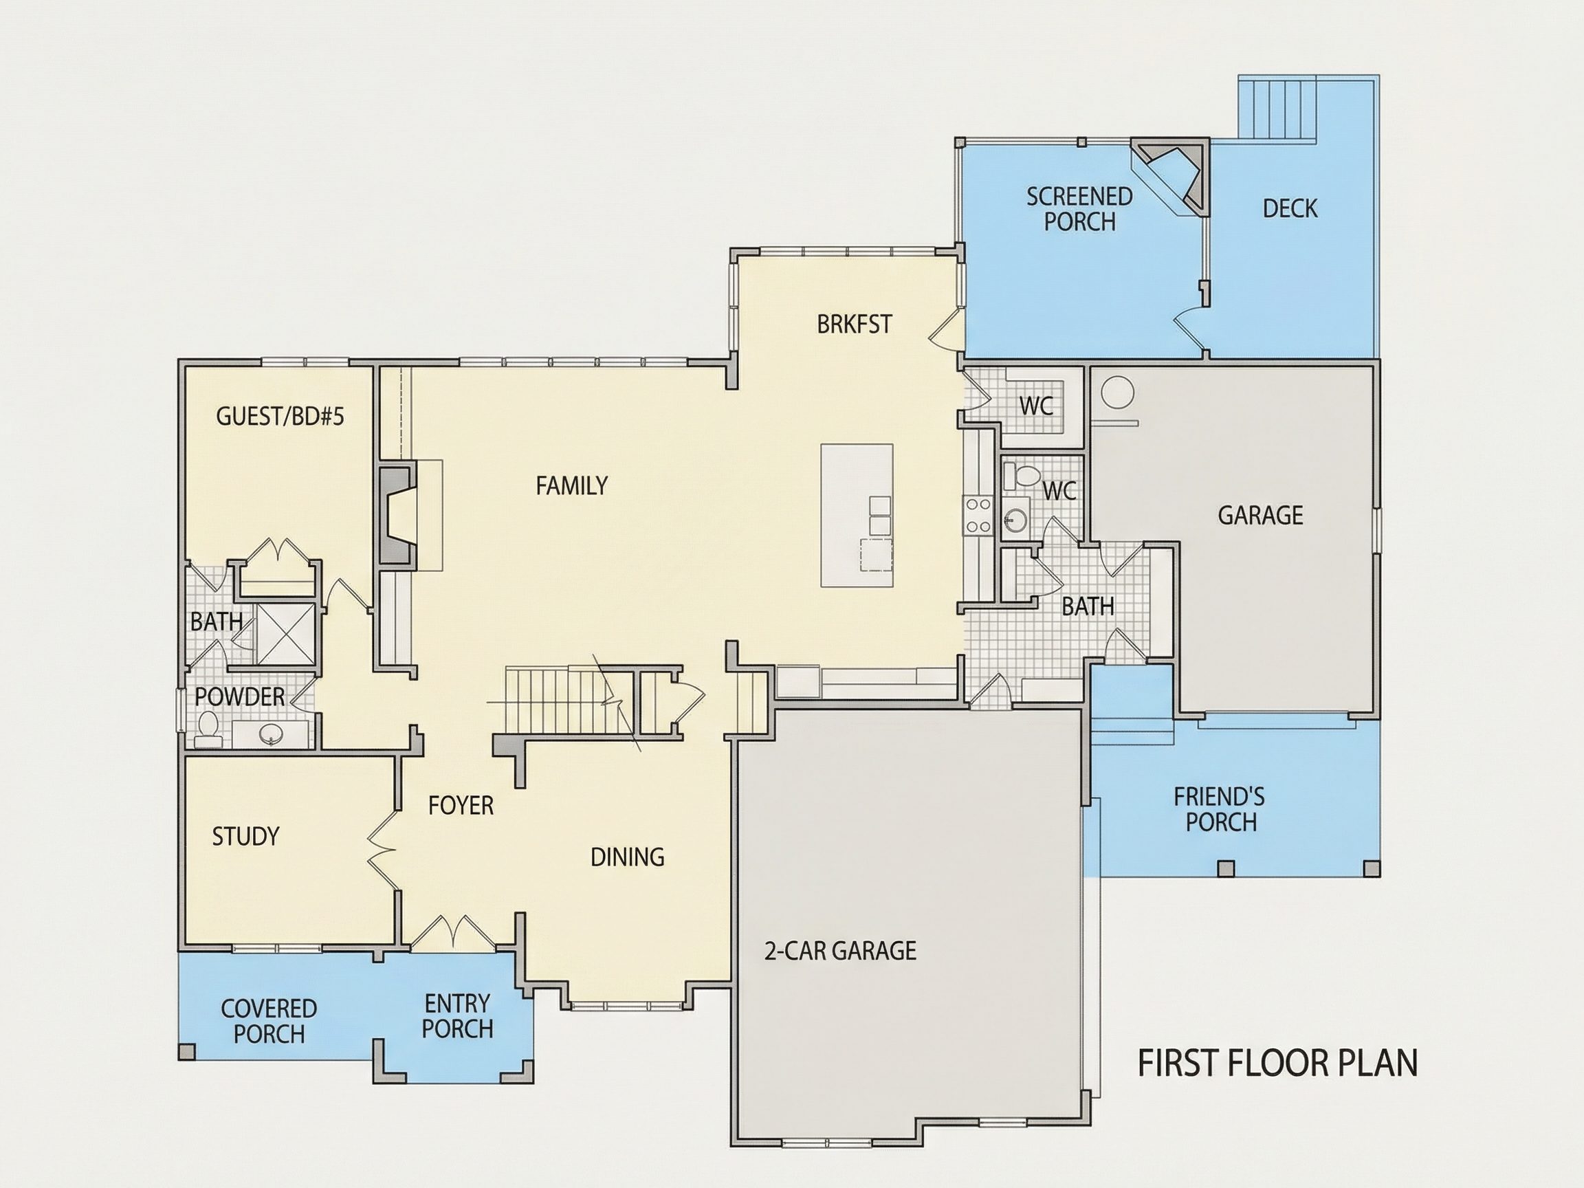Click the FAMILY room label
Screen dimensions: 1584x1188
click(x=571, y=486)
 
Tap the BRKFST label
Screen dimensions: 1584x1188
click(x=855, y=324)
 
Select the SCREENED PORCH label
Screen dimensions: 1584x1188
click(x=1079, y=209)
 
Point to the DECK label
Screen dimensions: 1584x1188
click(x=1290, y=208)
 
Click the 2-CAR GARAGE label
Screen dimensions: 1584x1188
click(x=840, y=950)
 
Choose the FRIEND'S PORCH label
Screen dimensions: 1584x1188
click(x=1219, y=809)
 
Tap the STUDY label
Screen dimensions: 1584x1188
click(x=245, y=836)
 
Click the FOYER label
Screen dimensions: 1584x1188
click(x=461, y=806)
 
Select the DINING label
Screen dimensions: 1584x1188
click(x=627, y=857)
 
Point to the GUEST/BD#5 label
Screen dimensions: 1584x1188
click(x=280, y=416)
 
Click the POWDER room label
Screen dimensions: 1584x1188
click(x=239, y=696)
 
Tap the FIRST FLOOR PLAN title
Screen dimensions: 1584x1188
click(x=1277, y=1064)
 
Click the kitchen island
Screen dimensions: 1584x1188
click(x=857, y=516)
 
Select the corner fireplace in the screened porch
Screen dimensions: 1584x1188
click(x=1171, y=177)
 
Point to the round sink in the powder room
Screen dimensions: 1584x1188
click(x=271, y=734)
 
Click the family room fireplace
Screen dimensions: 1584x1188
click(x=397, y=515)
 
